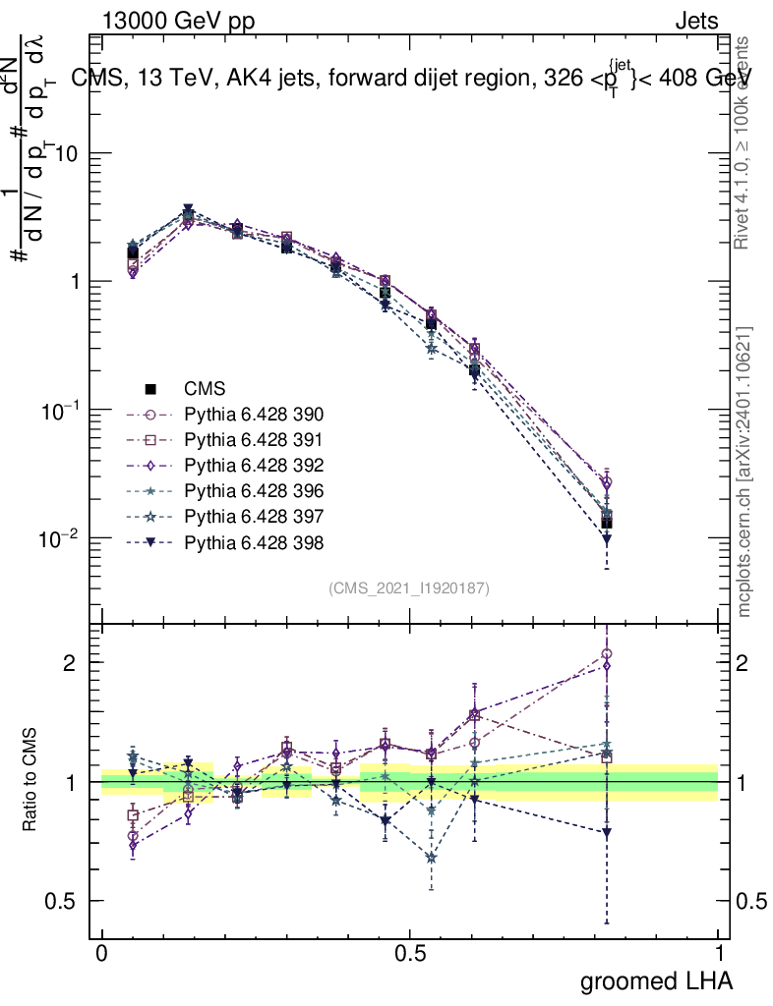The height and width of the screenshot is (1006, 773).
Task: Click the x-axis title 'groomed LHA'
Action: (x=655, y=980)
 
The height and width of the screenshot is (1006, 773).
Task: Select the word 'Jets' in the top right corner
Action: (x=695, y=21)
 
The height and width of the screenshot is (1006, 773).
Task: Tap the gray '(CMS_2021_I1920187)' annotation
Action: (x=409, y=587)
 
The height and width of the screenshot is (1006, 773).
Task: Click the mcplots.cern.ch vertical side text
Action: (x=744, y=472)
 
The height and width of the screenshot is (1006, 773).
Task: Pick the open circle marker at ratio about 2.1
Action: (x=607, y=654)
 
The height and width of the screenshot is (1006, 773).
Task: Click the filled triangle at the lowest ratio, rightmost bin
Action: (x=607, y=832)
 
